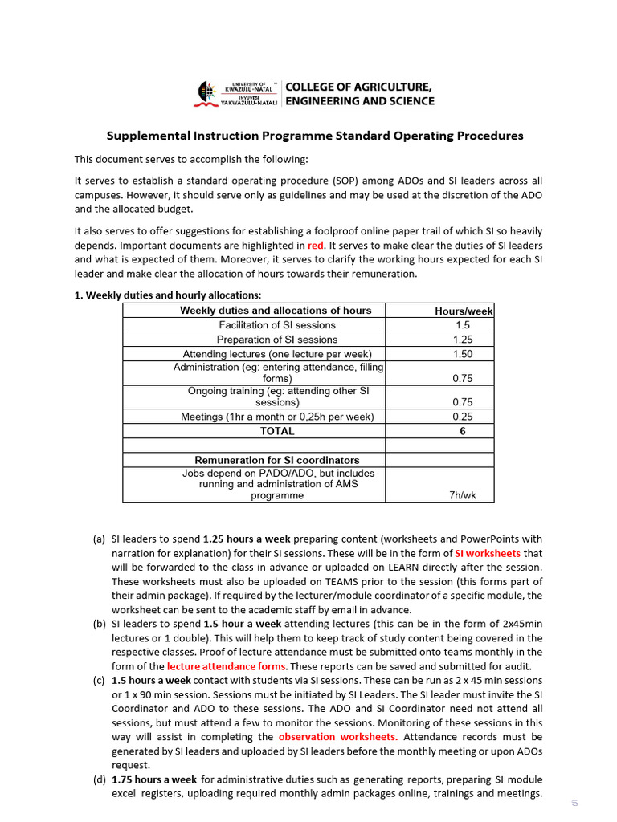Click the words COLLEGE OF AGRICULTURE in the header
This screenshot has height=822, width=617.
click(x=358, y=87)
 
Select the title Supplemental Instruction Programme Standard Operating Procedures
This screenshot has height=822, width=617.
click(x=315, y=136)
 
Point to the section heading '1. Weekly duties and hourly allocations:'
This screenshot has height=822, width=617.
click(x=167, y=295)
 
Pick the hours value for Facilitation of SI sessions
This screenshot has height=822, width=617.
click(x=462, y=325)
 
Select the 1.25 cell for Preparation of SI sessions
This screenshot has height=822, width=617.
click(x=462, y=340)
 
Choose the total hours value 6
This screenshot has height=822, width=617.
click(x=462, y=431)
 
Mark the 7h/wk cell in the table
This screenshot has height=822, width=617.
click(x=462, y=495)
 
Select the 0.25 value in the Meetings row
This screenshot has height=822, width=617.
click(x=462, y=417)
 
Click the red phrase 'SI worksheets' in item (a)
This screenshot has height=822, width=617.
click(x=488, y=553)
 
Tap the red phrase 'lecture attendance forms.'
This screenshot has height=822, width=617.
click(x=227, y=666)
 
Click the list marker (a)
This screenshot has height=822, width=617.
click(x=99, y=539)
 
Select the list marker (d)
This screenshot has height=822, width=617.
click(x=99, y=779)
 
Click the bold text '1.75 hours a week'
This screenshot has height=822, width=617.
click(x=154, y=779)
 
